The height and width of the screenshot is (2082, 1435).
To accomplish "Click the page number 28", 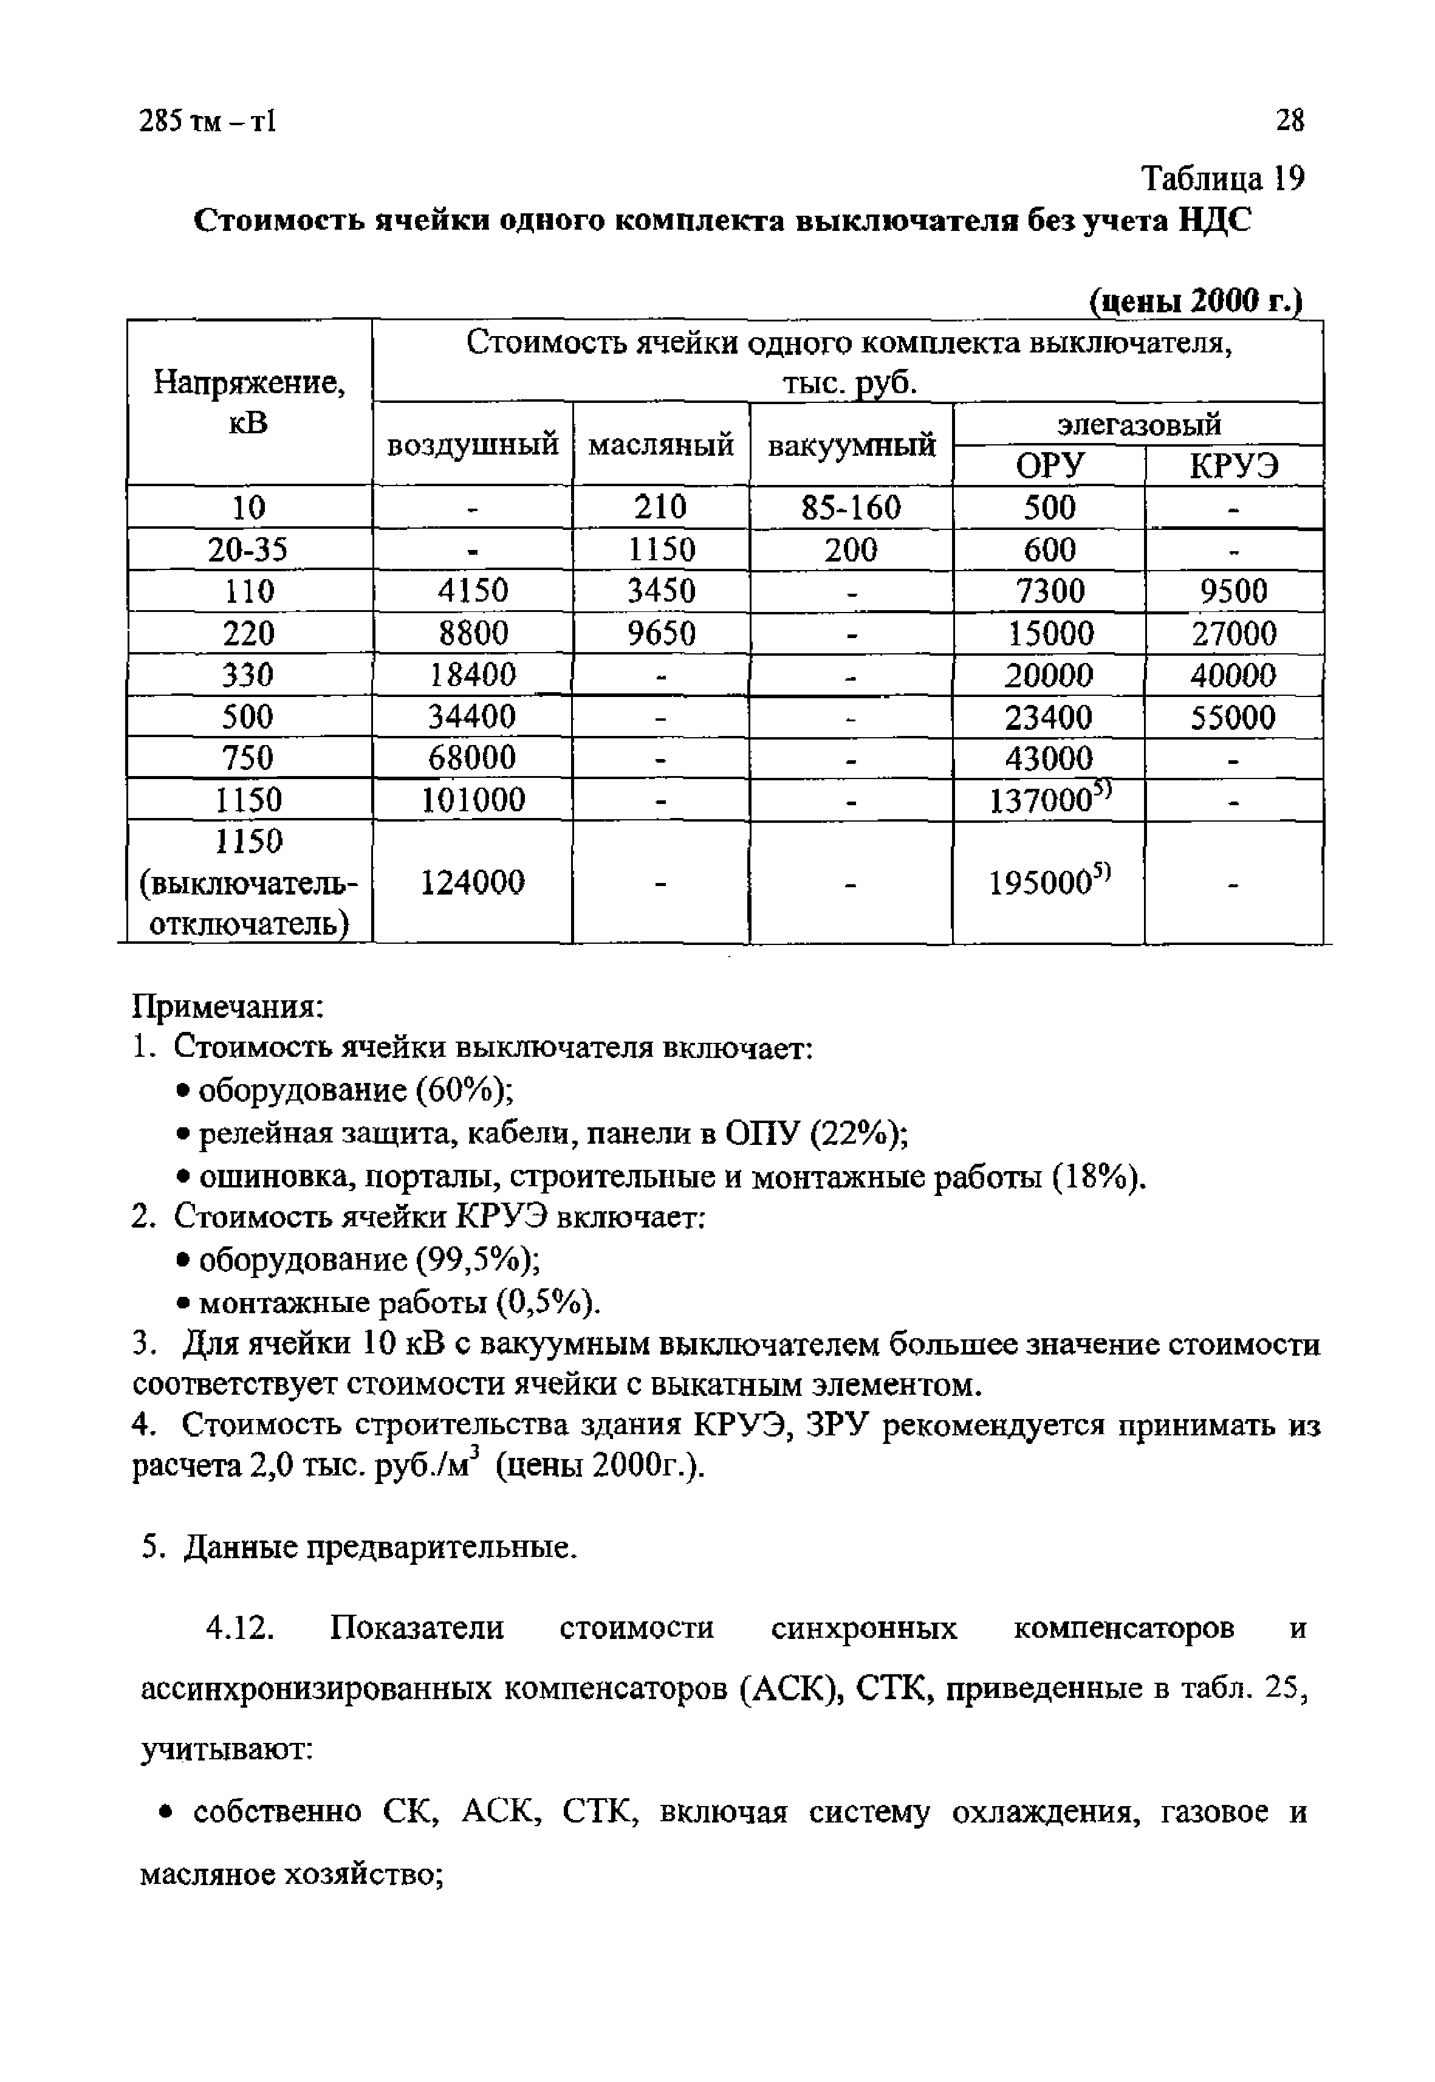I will pyautogui.click(x=1289, y=120).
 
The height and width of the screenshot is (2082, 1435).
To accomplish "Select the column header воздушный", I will pyautogui.click(x=473, y=444).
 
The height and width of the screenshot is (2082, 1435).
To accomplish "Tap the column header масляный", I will pyautogui.click(x=661, y=444).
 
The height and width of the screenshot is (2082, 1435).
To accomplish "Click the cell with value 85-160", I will pyautogui.click(x=851, y=508).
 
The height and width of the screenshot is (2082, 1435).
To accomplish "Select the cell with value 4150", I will pyautogui.click(x=473, y=591).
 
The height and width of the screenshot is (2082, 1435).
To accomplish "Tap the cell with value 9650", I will pyautogui.click(x=661, y=634).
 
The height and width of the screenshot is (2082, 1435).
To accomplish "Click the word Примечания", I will pyautogui.click(x=228, y=1006).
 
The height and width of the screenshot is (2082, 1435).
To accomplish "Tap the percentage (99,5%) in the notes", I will pyautogui.click(x=476, y=1260).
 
